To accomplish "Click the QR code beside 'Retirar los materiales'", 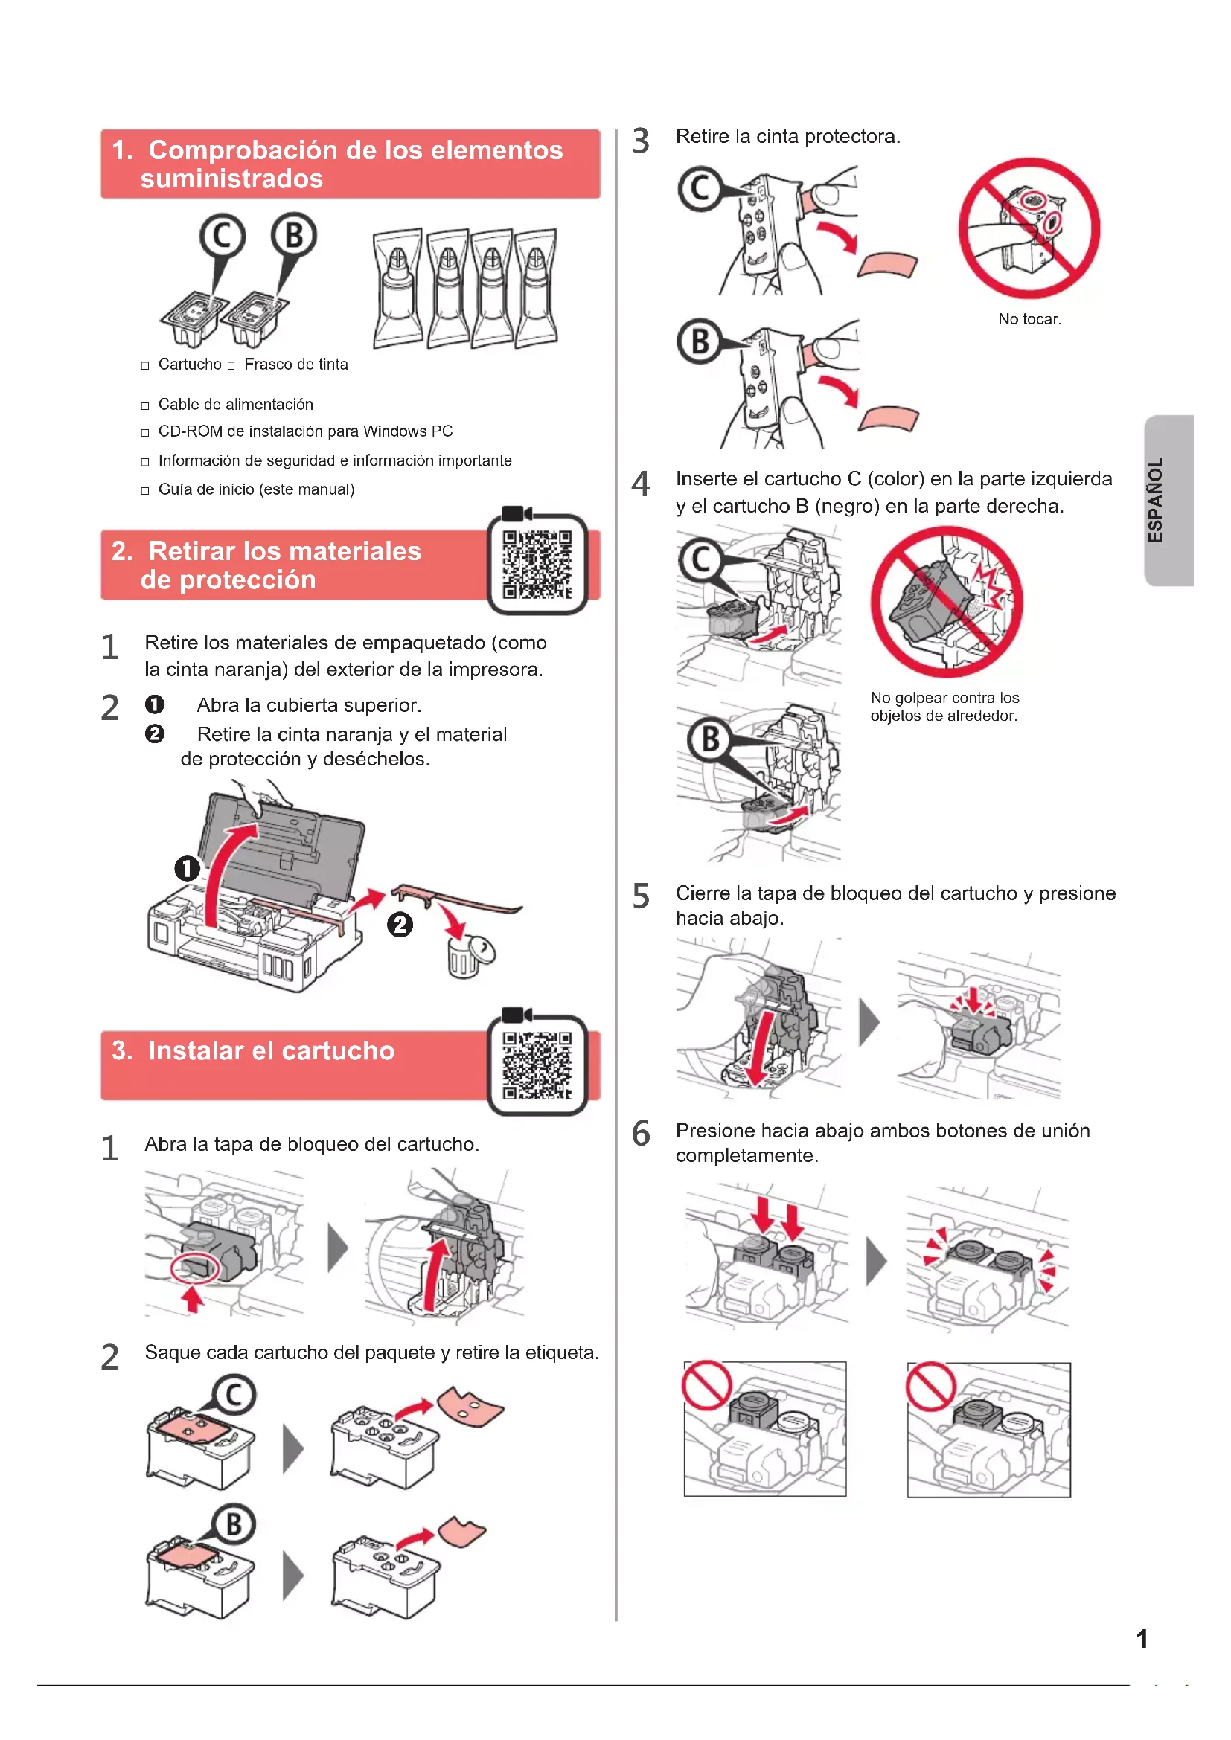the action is (537, 564).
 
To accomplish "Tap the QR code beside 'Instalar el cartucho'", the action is (537, 1065).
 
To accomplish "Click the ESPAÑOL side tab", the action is (1168, 500).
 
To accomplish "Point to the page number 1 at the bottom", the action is (1142, 1640).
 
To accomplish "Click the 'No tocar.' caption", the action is (1029, 319).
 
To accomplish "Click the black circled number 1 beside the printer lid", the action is (188, 868).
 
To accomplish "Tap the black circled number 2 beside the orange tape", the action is (400, 925).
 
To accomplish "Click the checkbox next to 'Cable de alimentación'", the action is (145, 406).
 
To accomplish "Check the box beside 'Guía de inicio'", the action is (145, 491).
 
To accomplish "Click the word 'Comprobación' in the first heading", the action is (243, 150).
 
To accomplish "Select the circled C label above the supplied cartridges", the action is (222, 236).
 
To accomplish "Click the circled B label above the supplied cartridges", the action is (294, 235).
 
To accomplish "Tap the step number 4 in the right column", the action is (641, 484).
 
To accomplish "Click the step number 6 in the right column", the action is (642, 1134).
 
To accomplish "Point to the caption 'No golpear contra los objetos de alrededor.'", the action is (944, 706).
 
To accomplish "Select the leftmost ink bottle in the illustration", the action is (398, 288).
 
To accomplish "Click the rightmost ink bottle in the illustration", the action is (536, 288).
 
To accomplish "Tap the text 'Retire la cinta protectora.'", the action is (788, 136).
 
